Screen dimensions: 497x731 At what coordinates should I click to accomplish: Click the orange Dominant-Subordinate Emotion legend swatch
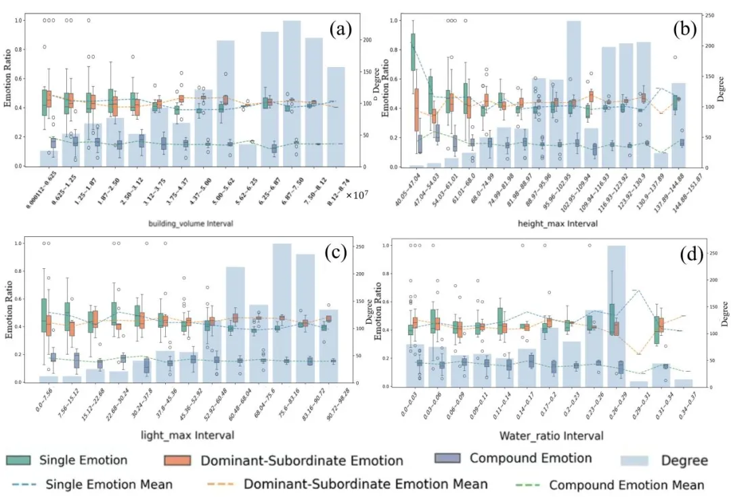pyautogui.click(x=178, y=460)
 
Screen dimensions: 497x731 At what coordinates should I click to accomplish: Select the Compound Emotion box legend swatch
pyautogui.click(x=448, y=458)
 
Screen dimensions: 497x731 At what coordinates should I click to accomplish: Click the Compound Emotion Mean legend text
pyautogui.click(x=626, y=485)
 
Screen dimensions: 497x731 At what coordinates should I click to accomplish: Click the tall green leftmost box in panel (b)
pyautogui.click(x=413, y=51)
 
